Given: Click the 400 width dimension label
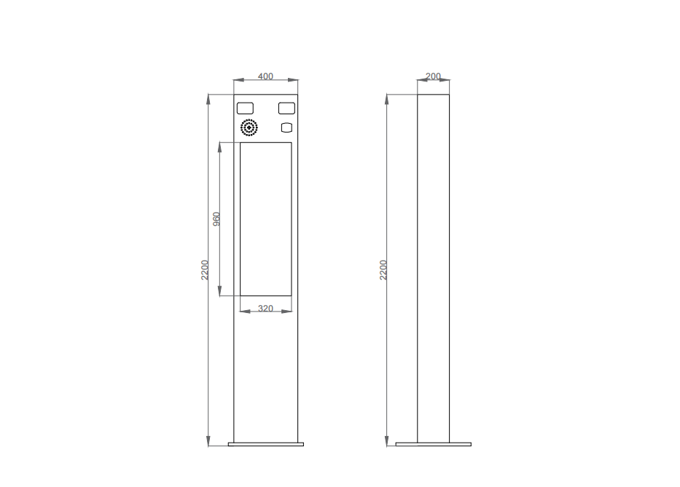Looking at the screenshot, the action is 265,76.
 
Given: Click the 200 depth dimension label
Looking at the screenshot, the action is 433,76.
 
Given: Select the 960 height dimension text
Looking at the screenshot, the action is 216,219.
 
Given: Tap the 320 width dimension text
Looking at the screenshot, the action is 265,309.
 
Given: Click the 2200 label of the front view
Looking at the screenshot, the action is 205,270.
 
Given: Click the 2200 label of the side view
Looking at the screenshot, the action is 383,270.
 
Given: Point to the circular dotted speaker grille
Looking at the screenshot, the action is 249,128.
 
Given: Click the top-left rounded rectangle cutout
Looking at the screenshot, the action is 245,108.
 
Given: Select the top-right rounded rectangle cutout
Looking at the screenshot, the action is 286,108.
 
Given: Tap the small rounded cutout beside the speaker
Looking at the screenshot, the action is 286,127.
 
